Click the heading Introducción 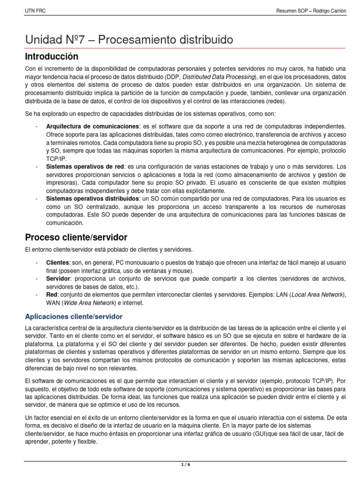pos(52,57)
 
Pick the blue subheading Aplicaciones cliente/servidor pos(74,316)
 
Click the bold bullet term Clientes pos(58,262)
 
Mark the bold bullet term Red pos(52,295)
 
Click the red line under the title pos(187,47)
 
